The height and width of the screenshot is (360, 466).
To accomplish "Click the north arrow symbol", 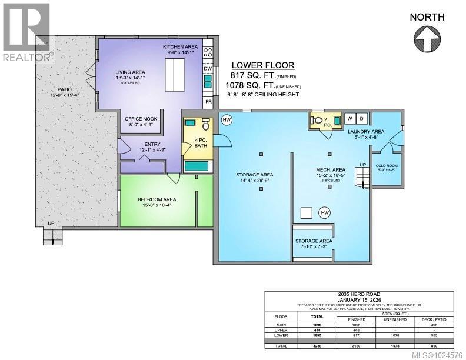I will [427, 40].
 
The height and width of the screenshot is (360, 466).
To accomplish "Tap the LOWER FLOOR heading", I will [263, 65].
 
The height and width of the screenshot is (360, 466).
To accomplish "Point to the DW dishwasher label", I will [208, 69].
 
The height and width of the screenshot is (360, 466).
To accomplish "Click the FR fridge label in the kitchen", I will [208, 101].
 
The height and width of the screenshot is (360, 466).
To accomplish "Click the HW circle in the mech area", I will [324, 212].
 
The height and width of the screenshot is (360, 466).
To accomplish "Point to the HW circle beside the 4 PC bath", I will [227, 120].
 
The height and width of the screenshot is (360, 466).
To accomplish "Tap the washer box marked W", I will [350, 118].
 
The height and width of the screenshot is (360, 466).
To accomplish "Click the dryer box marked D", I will [361, 118].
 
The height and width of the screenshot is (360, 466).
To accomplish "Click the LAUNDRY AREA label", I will [365, 131].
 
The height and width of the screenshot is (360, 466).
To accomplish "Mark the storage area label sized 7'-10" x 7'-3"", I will [314, 241].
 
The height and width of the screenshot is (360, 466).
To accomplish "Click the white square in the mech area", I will [306, 212].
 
